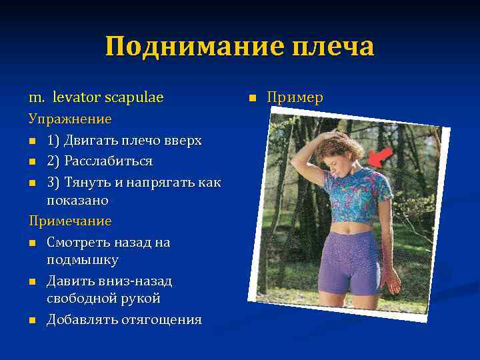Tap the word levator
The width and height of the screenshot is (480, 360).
click(x=73, y=98)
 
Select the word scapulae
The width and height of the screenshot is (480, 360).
click(x=133, y=98)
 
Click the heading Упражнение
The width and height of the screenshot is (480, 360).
click(x=69, y=119)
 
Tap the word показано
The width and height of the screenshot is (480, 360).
click(x=77, y=200)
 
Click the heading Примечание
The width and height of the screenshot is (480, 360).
click(x=70, y=221)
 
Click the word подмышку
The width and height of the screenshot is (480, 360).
click(x=82, y=260)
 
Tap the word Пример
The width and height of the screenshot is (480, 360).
click(x=295, y=98)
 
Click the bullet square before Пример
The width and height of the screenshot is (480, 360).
click(x=252, y=99)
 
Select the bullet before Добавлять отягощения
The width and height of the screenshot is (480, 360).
click(x=33, y=321)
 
